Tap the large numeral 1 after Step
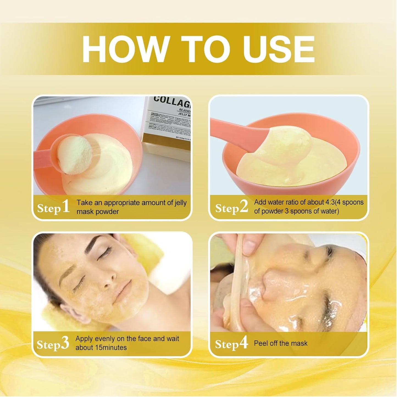coord(65,207)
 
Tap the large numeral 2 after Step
coord(243,207)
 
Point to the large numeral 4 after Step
coord(243,343)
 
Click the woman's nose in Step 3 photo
coord(109,283)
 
